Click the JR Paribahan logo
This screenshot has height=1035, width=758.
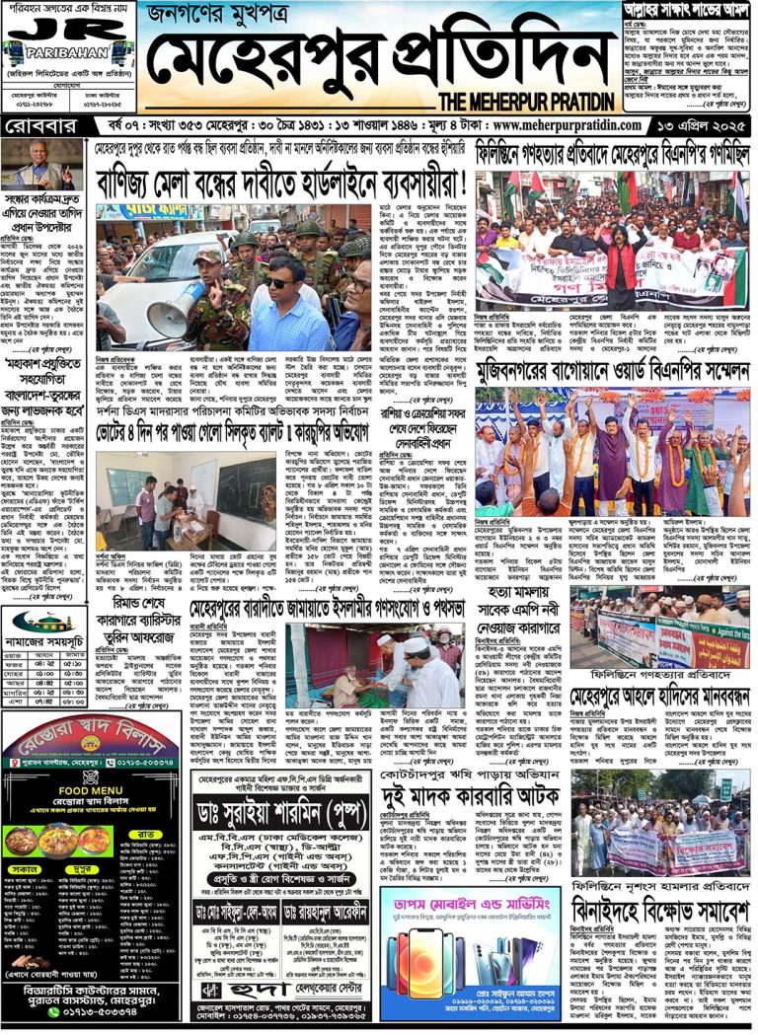click(x=67, y=37)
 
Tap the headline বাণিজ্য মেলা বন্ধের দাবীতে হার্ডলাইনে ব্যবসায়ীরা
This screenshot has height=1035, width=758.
click(x=282, y=184)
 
